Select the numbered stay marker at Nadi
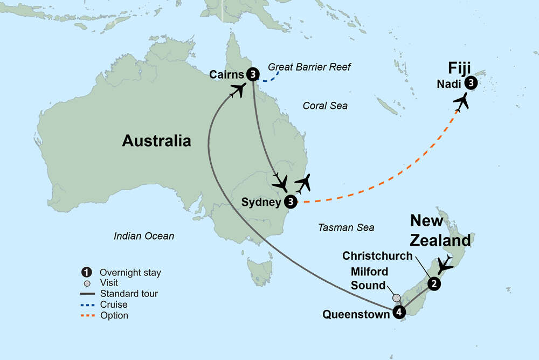point(471,83)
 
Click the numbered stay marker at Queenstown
point(398,312)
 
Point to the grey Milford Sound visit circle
point(397,297)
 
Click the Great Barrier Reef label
point(309,67)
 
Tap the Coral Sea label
point(325,106)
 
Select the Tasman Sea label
point(346,227)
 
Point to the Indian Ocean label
point(144,236)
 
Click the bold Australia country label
point(156,141)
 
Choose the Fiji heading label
point(460,69)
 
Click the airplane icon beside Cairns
point(237,90)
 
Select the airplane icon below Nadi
point(461,102)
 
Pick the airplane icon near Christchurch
point(445,265)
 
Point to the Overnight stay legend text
point(130,272)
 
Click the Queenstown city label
point(356,314)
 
